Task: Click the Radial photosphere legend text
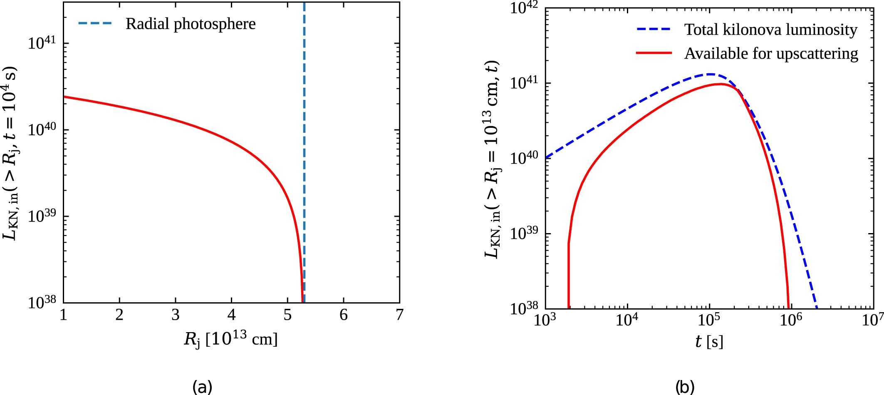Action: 191,24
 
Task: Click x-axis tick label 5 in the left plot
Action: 287,315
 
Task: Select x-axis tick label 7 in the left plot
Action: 399,315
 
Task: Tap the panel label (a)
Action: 203,387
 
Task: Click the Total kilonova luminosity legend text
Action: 771,30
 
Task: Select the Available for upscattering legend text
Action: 771,54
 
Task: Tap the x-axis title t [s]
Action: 709,341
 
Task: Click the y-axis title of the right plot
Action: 493,160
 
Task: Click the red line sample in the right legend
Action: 654,53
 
